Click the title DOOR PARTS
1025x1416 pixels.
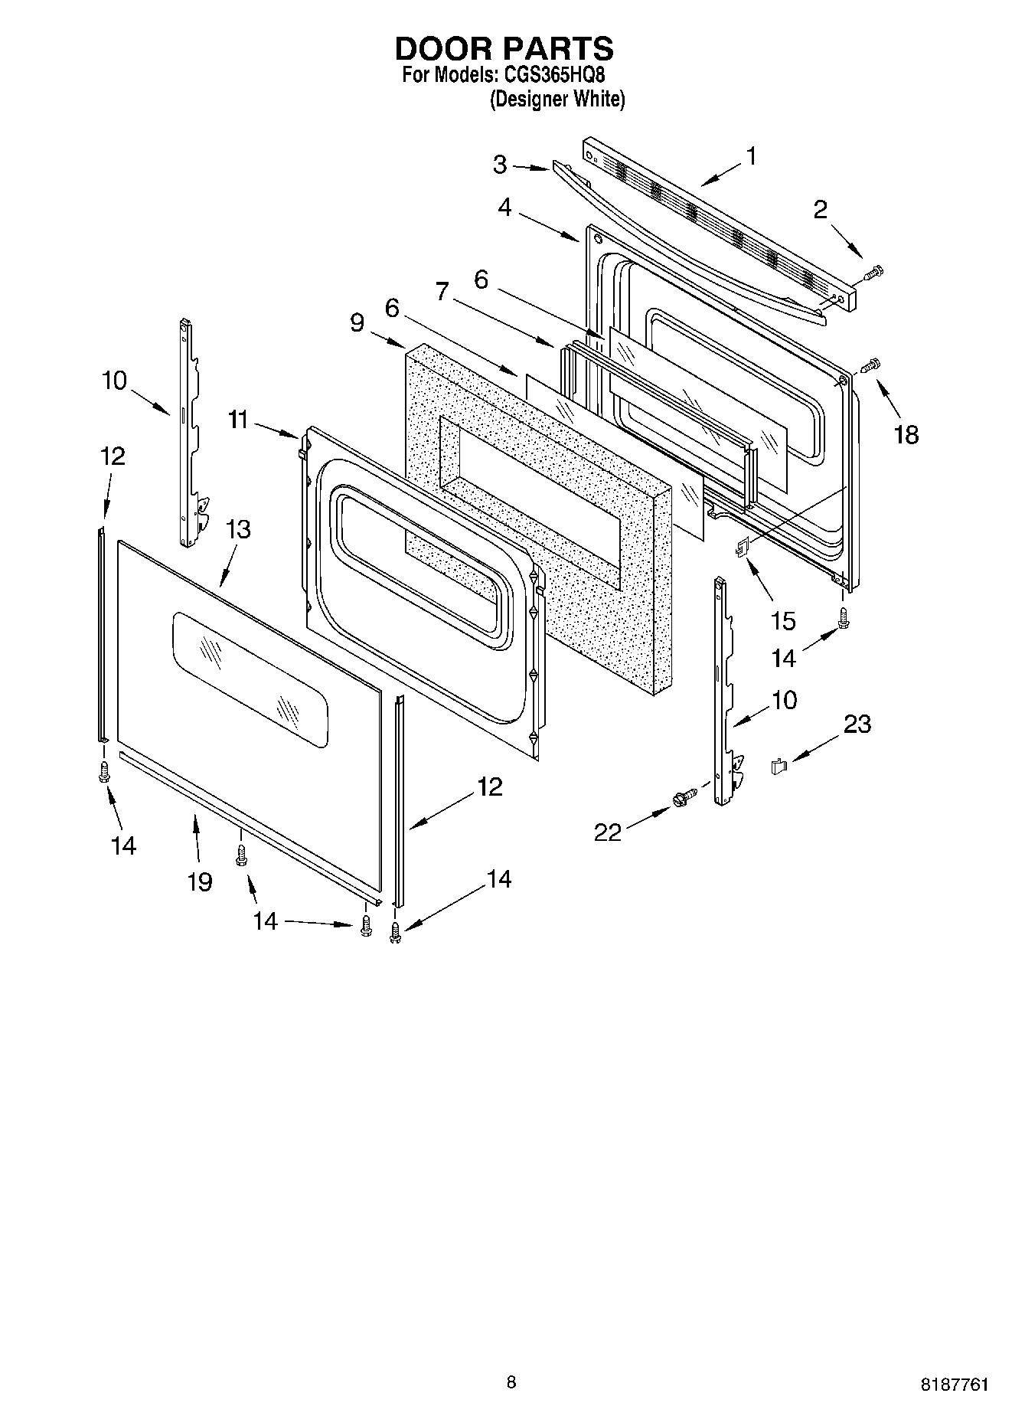(x=504, y=48)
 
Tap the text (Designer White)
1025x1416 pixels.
(x=557, y=100)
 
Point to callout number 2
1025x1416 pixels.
(x=820, y=209)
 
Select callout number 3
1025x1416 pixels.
(x=500, y=165)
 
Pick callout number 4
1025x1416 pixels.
(x=504, y=207)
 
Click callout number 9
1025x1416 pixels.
(x=357, y=322)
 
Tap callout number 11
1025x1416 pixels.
(x=238, y=420)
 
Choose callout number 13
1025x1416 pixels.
(x=238, y=529)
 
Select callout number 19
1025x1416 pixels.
(x=200, y=882)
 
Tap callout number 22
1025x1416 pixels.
(x=608, y=832)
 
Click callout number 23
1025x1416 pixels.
(x=857, y=724)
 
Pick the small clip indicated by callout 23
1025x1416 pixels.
(x=779, y=765)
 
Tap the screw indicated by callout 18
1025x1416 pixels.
(x=871, y=365)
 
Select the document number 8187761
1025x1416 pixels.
(x=954, y=1385)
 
